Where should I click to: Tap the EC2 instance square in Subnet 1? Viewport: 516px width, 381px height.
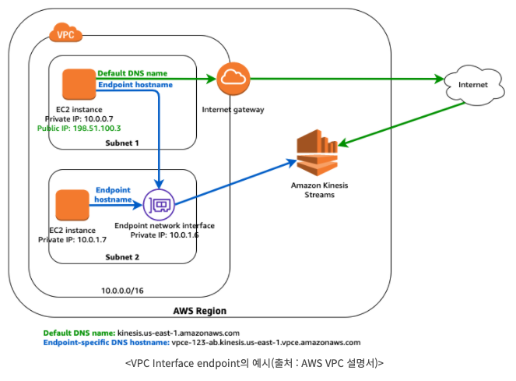point(78,84)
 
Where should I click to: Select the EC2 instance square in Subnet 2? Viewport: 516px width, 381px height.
point(72,204)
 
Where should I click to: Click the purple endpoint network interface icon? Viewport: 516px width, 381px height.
point(159,204)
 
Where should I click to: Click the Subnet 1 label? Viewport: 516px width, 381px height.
point(123,143)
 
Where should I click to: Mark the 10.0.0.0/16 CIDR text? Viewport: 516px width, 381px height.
point(123,290)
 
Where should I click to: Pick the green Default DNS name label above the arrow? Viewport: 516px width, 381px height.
point(132,73)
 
